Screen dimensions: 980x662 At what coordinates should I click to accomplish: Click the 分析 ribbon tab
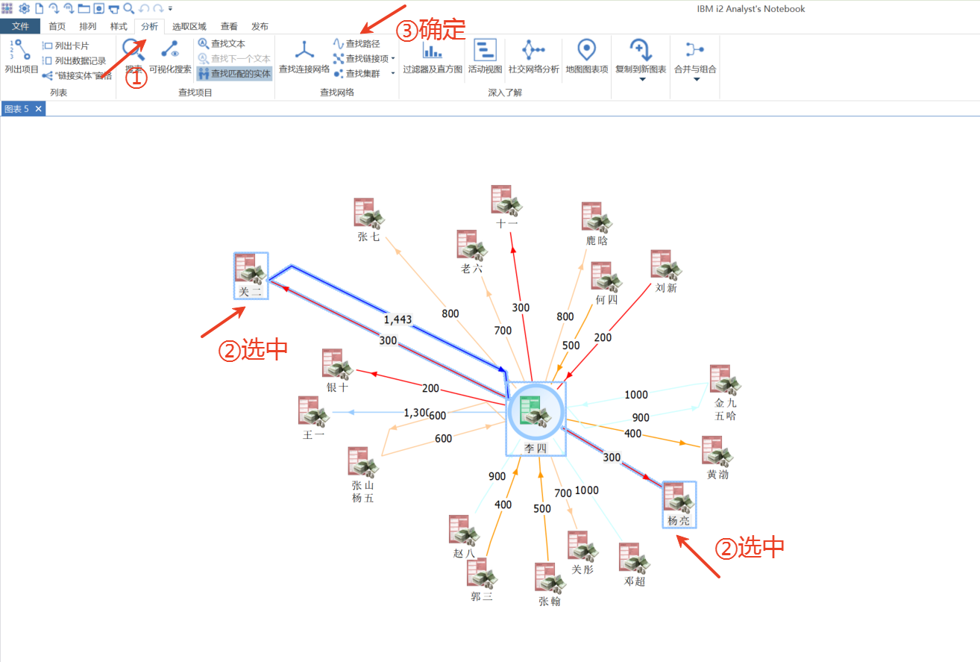(x=150, y=26)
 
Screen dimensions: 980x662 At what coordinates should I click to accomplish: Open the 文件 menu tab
(x=20, y=26)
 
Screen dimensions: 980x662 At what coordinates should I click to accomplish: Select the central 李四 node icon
(x=535, y=413)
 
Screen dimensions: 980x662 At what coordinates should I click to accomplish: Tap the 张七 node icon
(x=368, y=213)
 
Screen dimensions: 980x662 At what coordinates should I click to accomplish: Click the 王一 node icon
(x=313, y=412)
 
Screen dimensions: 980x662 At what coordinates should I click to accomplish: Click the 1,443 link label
(x=398, y=319)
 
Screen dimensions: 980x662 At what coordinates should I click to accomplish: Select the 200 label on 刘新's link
(x=603, y=337)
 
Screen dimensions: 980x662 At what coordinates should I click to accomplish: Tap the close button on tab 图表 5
(x=39, y=109)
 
